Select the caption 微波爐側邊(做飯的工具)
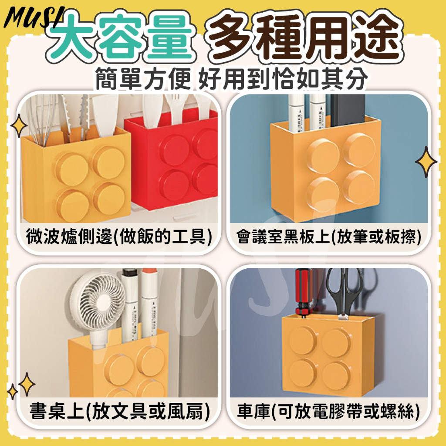[x=119, y=237]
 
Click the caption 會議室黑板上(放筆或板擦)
[x=329, y=237]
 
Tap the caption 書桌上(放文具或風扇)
[x=119, y=411]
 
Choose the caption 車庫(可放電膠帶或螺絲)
[x=328, y=411]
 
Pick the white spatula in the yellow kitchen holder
[x=105, y=114]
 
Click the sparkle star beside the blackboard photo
[x=426, y=162]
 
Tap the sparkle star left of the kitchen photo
[x=19, y=126]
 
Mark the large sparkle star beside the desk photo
[x=27, y=385]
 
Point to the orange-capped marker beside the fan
[x=149, y=301]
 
